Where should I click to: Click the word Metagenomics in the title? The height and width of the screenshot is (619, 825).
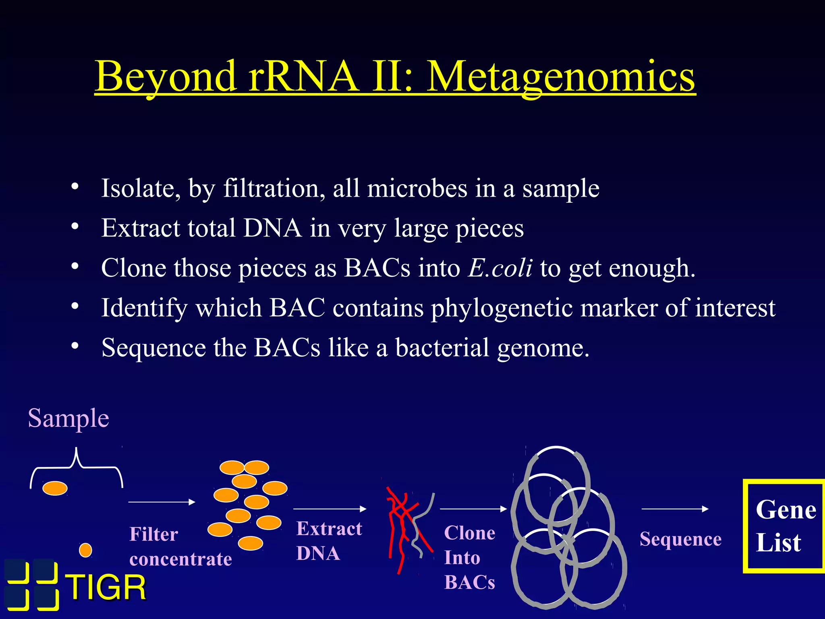(x=560, y=77)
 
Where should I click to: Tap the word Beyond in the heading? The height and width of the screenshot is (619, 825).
(x=166, y=77)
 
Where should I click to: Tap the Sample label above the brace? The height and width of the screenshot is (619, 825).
(x=68, y=418)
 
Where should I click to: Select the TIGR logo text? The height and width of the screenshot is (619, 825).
(x=106, y=588)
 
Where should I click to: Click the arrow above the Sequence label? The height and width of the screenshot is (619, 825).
(x=675, y=509)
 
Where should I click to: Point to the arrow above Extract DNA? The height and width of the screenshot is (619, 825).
(x=330, y=509)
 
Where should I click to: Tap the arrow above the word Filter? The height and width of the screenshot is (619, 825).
(x=162, y=502)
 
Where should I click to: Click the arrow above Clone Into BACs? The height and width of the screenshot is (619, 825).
(x=473, y=509)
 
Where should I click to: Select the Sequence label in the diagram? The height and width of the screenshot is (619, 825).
(x=680, y=539)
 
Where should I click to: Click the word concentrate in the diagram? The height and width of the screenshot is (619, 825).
(x=180, y=559)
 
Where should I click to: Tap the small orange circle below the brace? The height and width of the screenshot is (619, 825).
(x=85, y=550)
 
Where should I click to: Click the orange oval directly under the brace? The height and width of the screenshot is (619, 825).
(x=55, y=488)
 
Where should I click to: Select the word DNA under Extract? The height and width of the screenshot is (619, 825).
(x=318, y=553)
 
